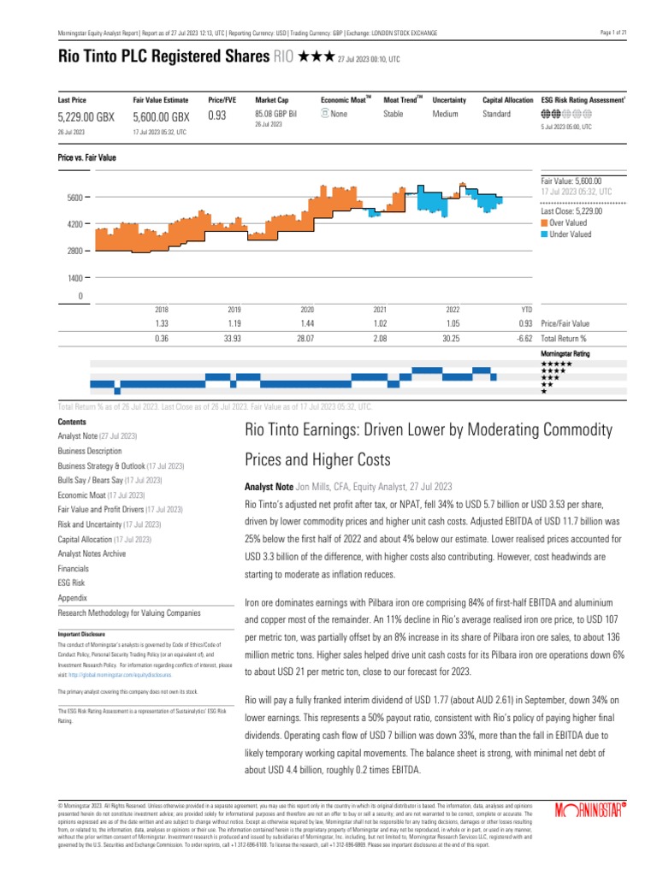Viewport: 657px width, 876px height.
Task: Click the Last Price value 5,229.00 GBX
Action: pos(86,116)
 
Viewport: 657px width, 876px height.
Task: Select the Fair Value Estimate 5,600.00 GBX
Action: pos(162,116)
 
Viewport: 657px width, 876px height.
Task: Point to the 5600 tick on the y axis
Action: pos(74,198)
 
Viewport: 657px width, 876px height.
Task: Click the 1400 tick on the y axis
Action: pos(74,278)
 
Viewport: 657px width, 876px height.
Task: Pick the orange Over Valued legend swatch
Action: pos(544,222)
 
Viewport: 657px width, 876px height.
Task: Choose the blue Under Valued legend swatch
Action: pos(544,234)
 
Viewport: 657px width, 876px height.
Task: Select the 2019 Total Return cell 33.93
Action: pos(234,340)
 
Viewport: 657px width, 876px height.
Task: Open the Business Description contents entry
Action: pos(90,450)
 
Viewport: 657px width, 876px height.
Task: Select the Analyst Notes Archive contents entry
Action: pos(92,554)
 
